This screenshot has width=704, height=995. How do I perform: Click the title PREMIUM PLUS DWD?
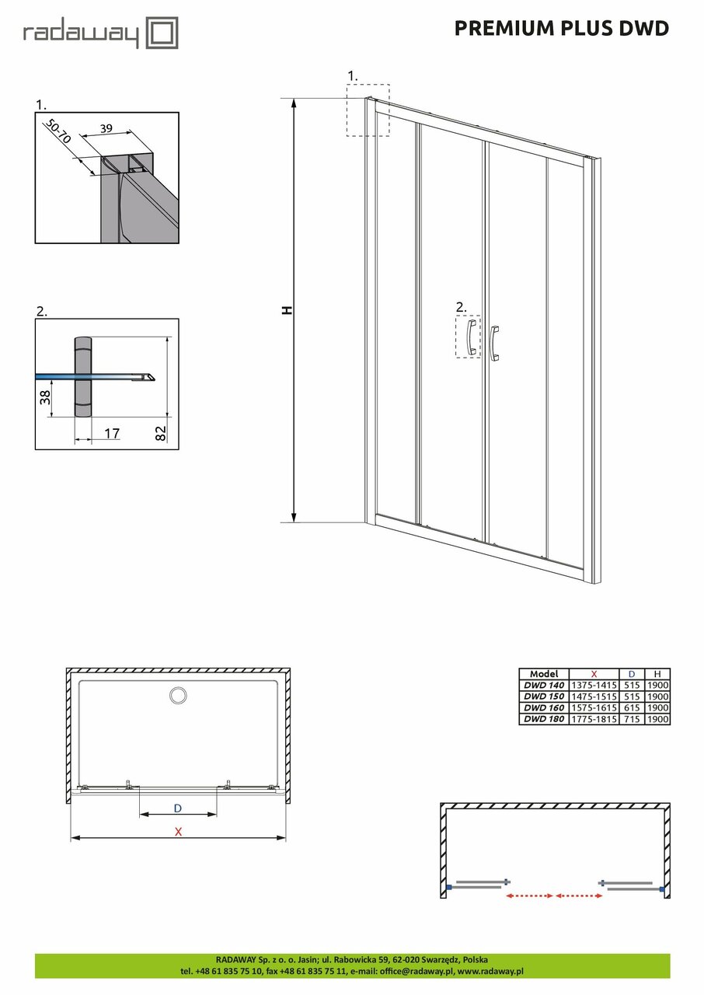[561, 29]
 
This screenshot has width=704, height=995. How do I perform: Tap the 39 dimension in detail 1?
[106, 127]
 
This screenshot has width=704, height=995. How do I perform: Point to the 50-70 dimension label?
[58, 131]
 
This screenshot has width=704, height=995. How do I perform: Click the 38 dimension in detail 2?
[45, 398]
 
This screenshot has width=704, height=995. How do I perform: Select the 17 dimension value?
[112, 433]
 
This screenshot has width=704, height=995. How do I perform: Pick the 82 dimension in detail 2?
[162, 433]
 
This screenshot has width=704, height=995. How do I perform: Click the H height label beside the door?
[288, 310]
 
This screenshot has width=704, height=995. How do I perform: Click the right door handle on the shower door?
[494, 342]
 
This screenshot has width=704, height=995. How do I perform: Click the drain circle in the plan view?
[178, 695]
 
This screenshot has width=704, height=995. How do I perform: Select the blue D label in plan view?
[177, 808]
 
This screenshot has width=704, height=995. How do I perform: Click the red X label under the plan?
[178, 831]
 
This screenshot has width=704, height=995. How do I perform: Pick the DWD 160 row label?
[543, 708]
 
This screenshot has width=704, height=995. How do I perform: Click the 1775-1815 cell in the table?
[594, 719]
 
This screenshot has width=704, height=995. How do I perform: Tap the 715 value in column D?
[632, 719]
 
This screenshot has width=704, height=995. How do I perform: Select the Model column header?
[543, 674]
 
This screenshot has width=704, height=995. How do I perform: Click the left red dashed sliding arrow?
[529, 896]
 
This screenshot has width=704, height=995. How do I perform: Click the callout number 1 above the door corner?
[352, 75]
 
